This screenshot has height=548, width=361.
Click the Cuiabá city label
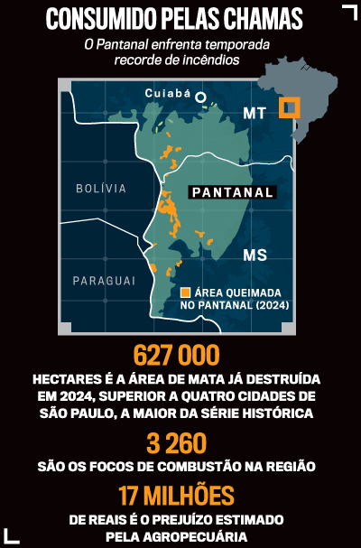pyautogui.click(x=169, y=93)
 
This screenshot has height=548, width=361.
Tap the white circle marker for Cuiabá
pyautogui.click(x=201, y=97)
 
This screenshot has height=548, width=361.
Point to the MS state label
pyautogui.click(x=255, y=256)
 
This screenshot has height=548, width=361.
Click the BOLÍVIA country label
pyautogui.click(x=100, y=189)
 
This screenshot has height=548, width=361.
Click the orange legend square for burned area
pyautogui.click(x=185, y=293)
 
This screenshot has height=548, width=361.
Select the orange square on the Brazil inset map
pyautogui.click(x=289, y=107)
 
